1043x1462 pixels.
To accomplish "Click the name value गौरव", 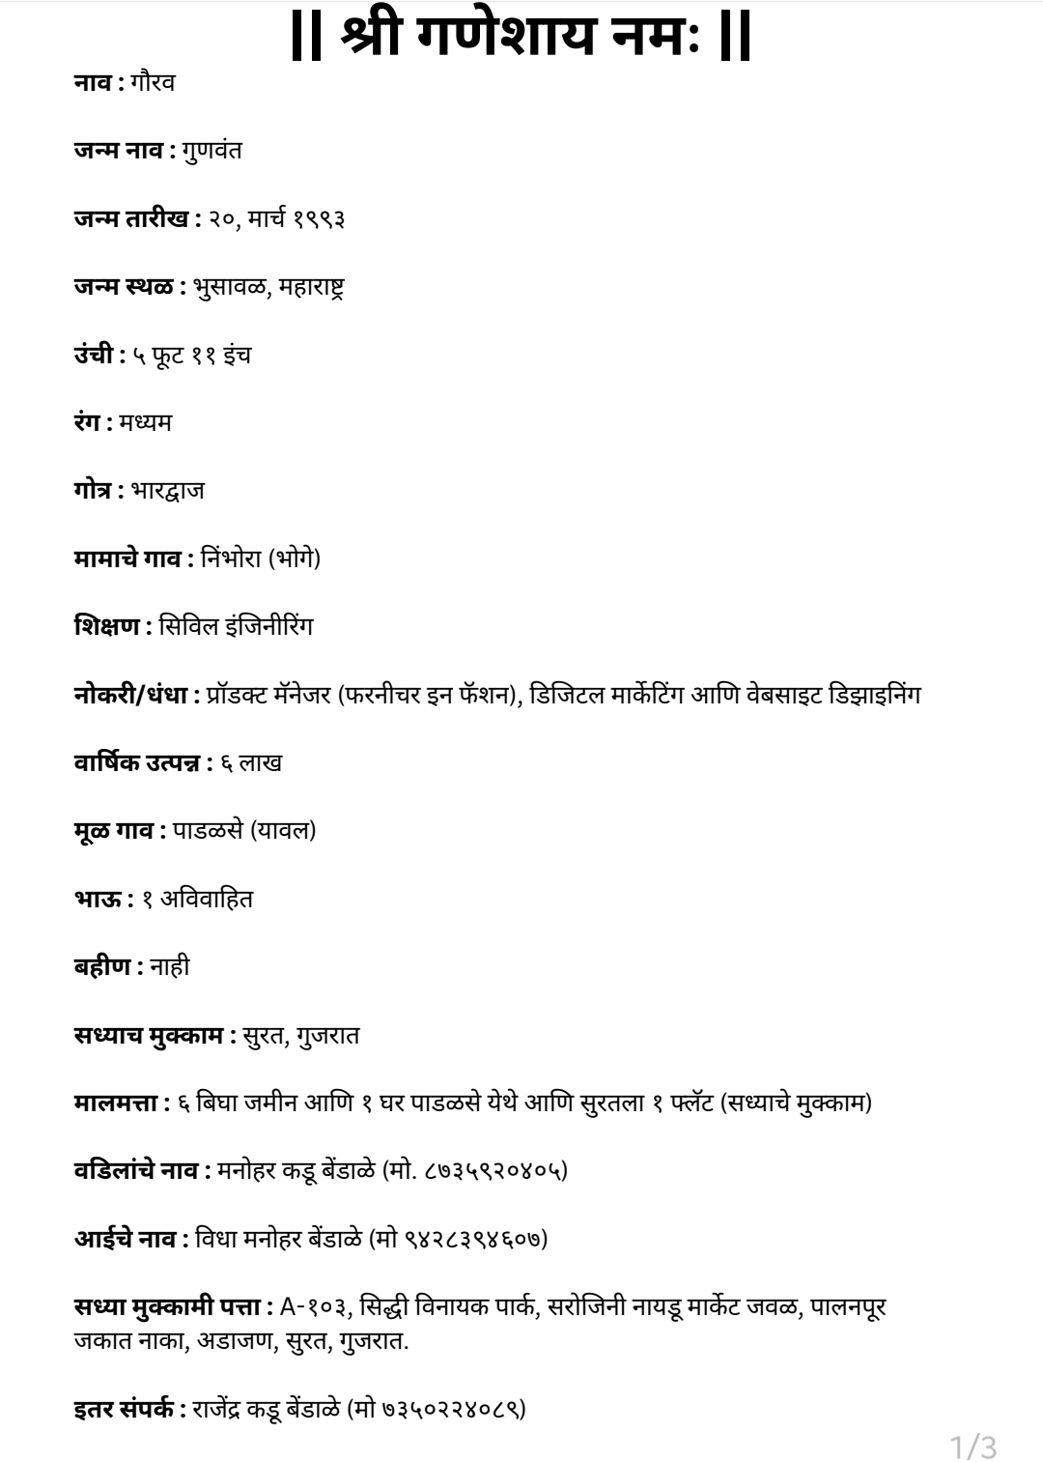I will (152, 83).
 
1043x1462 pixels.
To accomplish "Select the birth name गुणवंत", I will (211, 151).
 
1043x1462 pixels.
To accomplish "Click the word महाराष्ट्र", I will (311, 287).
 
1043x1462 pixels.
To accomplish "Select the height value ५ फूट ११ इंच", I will (192, 355).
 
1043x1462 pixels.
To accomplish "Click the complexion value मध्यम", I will (146, 422).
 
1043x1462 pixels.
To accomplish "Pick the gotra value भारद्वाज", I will (167, 491).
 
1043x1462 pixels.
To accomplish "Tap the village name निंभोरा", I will (232, 559).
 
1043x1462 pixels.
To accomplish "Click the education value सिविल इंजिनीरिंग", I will (236, 626).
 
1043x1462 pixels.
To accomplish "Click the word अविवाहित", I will (207, 899).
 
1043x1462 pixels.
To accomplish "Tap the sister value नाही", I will (170, 966).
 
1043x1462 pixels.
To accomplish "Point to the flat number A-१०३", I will (315, 1307).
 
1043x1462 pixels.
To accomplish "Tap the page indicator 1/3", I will (973, 1447).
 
